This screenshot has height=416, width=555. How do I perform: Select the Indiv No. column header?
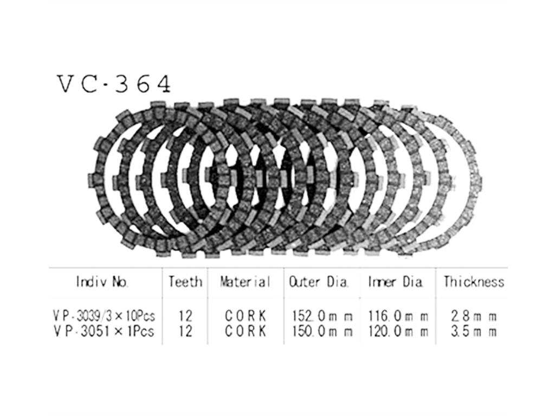point(102,282)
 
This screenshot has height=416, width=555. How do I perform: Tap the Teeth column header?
point(185,282)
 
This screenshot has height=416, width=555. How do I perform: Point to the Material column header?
point(246,282)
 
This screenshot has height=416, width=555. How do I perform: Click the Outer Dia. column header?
point(319,282)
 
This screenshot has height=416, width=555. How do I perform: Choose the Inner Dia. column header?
point(396,282)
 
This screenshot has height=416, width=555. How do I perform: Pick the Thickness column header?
point(474,282)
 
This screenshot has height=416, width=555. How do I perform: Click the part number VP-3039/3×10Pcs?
point(104,315)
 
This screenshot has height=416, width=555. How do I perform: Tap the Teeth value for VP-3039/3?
point(185,315)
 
